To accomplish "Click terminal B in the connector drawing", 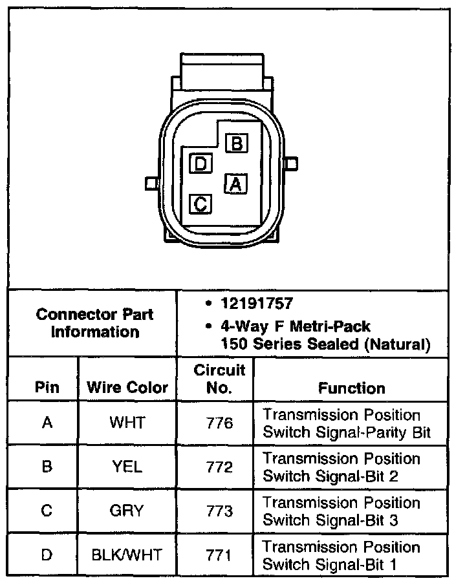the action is point(236,143).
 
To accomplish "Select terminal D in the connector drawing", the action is point(200,164).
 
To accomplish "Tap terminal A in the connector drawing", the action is point(236,184).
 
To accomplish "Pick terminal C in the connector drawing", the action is point(200,204).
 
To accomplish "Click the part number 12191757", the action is point(255,304).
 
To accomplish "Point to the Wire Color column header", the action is point(127,388).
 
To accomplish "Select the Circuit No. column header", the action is point(219,379).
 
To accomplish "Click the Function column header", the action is point(351,388).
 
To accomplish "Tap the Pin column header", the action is point(47,388).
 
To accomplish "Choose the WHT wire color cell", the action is point(127,423).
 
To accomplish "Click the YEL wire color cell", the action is point(127,467).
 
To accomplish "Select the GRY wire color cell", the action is point(127,511).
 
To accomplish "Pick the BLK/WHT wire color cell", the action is point(127,555).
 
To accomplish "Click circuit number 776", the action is point(219,423).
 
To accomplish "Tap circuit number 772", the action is point(219,467).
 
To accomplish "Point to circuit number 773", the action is point(219,511).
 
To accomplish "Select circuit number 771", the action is point(219,555).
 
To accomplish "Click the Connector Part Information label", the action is point(94,323).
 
